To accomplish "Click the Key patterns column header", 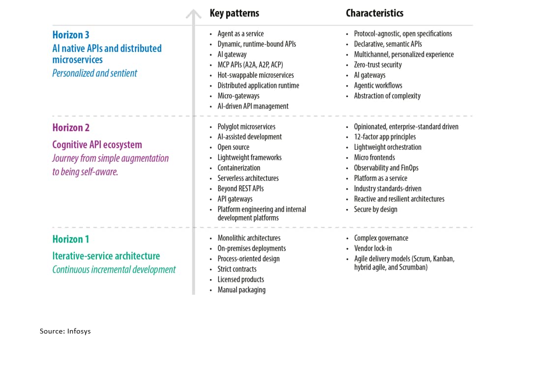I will pos(234,13).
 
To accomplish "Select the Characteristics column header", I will pos(374,13).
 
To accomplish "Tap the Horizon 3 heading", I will pos(71,35).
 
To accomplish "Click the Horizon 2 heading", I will pos(71,128).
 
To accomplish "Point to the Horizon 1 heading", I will pos(71,239).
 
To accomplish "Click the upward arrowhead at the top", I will pos(193,14).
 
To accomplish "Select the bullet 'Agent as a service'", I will pos(240,34).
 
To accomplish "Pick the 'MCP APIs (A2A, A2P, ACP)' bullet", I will pos(250,65).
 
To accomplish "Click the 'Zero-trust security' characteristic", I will pos(378,65).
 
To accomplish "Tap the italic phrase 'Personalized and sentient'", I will pos(95,73).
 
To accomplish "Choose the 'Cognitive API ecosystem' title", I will pos(97,145).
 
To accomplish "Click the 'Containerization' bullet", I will pos(239,168).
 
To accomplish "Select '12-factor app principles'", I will pos(385,137).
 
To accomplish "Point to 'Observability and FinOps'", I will pos(386,168).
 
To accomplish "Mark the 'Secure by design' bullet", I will pos(375,209).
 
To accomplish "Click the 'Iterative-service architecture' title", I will pos(106,256).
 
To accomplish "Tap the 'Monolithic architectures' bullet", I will pos(249,238).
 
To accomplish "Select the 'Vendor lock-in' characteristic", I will pos(373,249).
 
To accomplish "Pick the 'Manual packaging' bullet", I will pos(241,290).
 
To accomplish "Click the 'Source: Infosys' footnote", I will pos(65,331).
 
